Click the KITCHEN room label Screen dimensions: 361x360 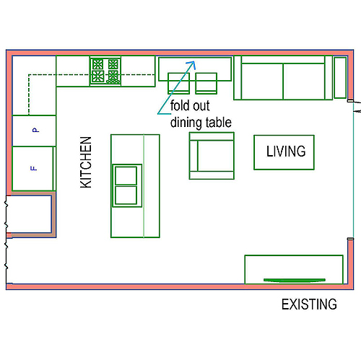(86, 162)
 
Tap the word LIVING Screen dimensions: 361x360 (286, 152)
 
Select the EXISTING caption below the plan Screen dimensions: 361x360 (309, 304)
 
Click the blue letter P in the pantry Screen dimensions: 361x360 (35, 130)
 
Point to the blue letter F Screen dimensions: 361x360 (34, 168)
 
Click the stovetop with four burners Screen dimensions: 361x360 (105, 71)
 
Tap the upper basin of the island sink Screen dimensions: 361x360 (126, 175)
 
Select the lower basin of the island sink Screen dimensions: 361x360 (126, 196)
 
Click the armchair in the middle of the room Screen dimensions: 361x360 (212, 156)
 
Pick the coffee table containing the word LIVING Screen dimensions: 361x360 (284, 152)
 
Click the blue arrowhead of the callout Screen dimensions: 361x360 (191, 64)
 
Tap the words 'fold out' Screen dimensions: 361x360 (190, 106)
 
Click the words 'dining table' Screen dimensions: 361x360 (201, 123)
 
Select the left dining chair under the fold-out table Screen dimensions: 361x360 (178, 83)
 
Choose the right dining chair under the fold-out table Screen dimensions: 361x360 (206, 83)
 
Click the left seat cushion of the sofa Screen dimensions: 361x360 (262, 81)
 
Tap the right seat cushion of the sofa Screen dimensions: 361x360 (304, 81)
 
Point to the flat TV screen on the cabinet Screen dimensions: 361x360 (295, 280)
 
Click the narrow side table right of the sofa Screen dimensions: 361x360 (340, 78)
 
